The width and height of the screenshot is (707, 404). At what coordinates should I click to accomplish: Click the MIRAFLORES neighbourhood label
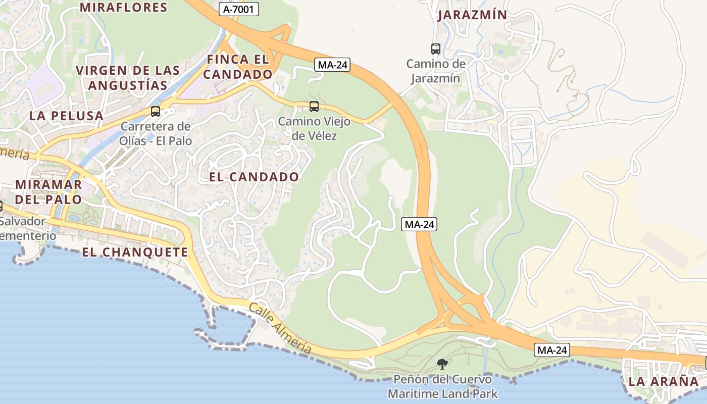(123, 8)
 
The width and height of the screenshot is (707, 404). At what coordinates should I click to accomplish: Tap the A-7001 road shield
(239, 9)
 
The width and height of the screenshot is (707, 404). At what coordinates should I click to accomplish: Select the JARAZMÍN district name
(472, 15)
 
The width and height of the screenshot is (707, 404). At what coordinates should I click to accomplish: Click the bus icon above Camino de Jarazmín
(436, 49)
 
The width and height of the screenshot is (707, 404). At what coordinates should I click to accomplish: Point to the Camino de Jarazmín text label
(436, 71)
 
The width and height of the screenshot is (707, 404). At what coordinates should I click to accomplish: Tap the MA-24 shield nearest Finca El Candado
(333, 65)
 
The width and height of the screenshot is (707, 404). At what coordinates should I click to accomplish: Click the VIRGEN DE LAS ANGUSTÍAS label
(127, 77)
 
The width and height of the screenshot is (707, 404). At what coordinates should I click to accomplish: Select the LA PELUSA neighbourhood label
(66, 116)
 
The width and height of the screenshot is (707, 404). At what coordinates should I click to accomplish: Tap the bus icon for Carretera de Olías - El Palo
(156, 112)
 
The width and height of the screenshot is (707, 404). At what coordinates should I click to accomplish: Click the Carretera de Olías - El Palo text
(156, 133)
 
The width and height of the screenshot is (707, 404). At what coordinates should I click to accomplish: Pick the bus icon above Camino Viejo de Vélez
(314, 107)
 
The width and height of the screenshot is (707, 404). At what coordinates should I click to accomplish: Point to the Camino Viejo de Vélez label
(314, 128)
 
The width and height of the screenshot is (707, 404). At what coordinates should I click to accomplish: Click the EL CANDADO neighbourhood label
(254, 177)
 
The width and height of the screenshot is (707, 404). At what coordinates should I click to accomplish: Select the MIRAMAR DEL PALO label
(48, 191)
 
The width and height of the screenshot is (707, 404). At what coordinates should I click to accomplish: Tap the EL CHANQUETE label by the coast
(134, 252)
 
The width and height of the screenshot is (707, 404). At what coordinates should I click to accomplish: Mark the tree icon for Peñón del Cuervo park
(442, 364)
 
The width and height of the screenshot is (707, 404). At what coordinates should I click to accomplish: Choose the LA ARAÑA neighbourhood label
(663, 382)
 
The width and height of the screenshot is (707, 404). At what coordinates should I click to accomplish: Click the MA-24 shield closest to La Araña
(552, 350)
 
